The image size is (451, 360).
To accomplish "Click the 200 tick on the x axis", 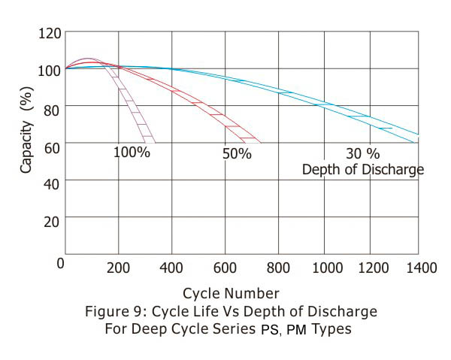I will pyautogui.click(x=118, y=268).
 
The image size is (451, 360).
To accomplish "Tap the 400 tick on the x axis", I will pyautogui.click(x=172, y=268).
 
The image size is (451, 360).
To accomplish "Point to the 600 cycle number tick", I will pyautogui.click(x=225, y=268).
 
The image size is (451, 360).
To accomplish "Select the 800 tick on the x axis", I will pyautogui.click(x=279, y=268).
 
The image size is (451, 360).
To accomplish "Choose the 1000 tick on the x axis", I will pyautogui.click(x=328, y=268).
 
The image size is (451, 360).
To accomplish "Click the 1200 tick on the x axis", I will pyautogui.click(x=381, y=268).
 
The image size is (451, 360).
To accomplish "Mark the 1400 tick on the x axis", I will pyautogui.click(x=423, y=268).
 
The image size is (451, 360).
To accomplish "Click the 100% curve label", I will pyautogui.click(x=132, y=153).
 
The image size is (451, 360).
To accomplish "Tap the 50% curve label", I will pyautogui.click(x=236, y=153).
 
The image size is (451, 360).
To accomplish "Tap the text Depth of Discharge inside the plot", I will pyautogui.click(x=362, y=169).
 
